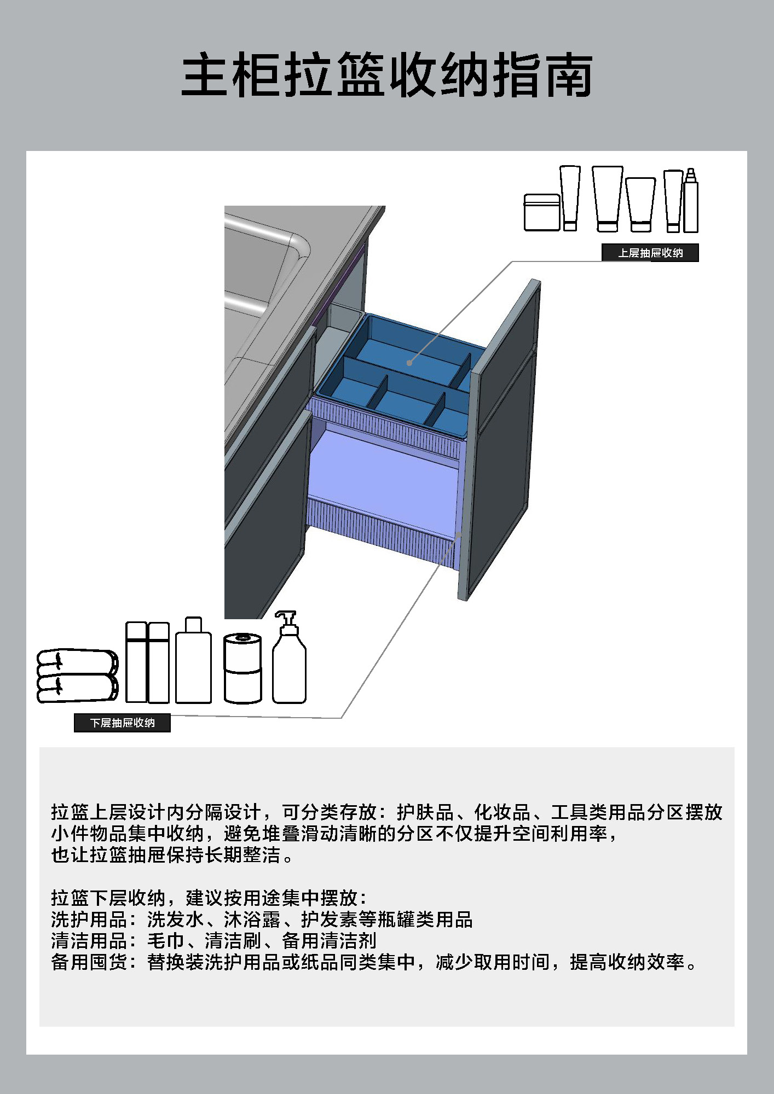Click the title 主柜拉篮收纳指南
click(386, 75)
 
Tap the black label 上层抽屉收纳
click(650, 253)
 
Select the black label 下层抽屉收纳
click(122, 723)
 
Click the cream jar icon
click(542, 212)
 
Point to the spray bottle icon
click(691, 201)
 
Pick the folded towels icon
click(77, 676)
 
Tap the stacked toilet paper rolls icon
click(242, 668)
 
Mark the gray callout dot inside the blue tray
click(409, 363)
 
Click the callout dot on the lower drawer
click(459, 534)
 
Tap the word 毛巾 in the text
click(166, 941)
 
